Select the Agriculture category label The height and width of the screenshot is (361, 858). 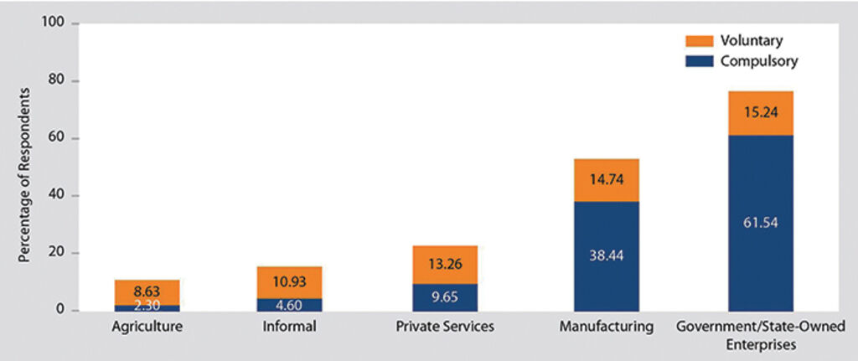tap(147, 327)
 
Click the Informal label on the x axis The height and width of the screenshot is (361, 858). tap(289, 327)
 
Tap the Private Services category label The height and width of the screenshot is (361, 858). tap(445, 327)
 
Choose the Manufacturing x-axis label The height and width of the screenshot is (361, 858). tap(606, 327)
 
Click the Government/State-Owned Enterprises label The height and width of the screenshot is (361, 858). tap(760, 335)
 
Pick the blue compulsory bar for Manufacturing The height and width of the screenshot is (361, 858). tap(606, 255)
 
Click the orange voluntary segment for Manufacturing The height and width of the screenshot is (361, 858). tap(606, 179)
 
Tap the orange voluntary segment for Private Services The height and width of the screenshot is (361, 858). tap(445, 265)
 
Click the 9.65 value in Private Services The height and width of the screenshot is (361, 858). tap(445, 297)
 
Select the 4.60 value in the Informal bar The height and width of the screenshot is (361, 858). tap(289, 304)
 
